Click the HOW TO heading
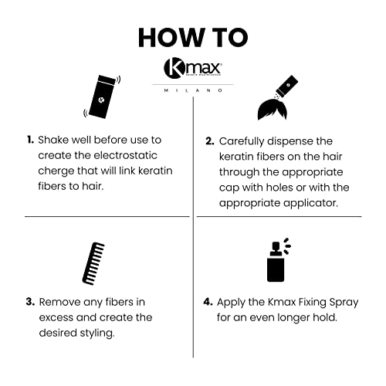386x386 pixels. click(193, 36)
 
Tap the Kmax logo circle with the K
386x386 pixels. click(173, 69)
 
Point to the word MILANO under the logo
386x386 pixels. click(193, 90)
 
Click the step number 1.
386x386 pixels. click(30, 141)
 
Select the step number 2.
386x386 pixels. click(208, 141)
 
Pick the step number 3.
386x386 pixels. click(30, 302)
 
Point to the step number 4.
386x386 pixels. click(208, 302)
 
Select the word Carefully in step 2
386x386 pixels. click(245, 141)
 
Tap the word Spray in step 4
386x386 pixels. click(340, 302)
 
